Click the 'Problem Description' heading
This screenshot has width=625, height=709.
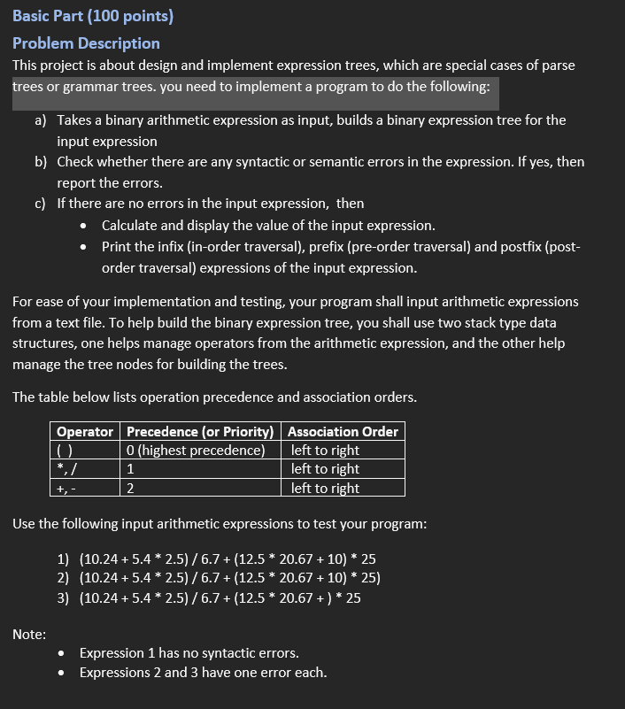[x=86, y=42]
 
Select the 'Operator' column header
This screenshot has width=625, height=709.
[x=84, y=432]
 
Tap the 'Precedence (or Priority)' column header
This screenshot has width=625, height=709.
[x=201, y=432]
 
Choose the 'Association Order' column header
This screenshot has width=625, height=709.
[x=343, y=432]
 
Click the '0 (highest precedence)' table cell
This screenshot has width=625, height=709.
[x=197, y=451]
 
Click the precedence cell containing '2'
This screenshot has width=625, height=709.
[x=131, y=488]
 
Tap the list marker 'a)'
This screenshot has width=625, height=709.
[x=41, y=119]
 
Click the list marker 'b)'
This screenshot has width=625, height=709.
[x=41, y=162]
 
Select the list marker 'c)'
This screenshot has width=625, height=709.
[x=41, y=204]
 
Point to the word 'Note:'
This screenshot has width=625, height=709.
[x=29, y=633]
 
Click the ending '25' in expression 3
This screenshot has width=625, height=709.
[x=352, y=597]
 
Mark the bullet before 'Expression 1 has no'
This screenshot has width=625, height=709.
[x=60, y=653]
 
